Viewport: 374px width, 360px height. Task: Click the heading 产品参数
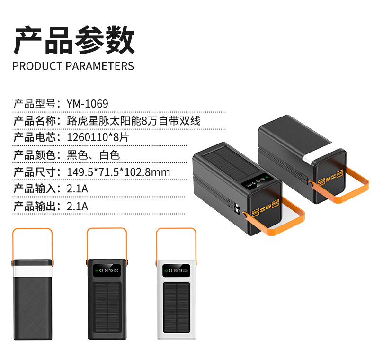[x=74, y=40]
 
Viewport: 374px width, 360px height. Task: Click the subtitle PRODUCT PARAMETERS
[x=73, y=66]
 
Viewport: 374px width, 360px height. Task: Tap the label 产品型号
[x=34, y=104]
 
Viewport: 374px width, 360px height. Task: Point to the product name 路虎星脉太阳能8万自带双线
[x=134, y=121]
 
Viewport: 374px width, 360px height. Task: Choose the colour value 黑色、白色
[x=93, y=155]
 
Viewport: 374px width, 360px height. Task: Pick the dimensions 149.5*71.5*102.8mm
[x=118, y=172]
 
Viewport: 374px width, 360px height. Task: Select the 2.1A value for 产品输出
[x=78, y=206]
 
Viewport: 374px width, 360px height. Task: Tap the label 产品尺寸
[x=34, y=172]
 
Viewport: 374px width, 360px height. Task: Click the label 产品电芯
[x=34, y=138]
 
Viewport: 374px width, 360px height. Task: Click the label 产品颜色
[x=34, y=155]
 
